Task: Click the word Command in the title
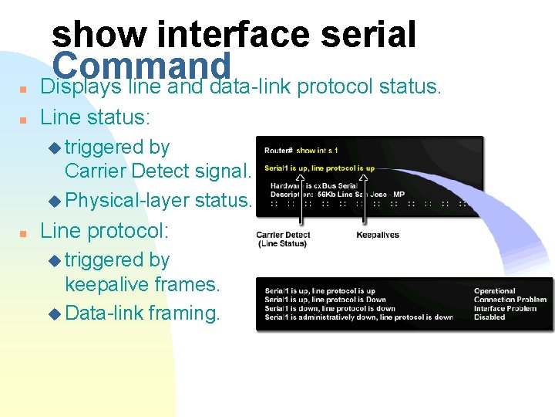click(143, 64)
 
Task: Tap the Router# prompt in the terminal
click(277, 150)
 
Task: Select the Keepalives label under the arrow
click(378, 235)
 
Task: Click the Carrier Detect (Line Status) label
click(282, 239)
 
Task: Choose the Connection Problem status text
click(510, 300)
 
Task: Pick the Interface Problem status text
click(505, 308)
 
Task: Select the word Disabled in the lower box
click(489, 317)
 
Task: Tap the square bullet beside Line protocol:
click(25, 232)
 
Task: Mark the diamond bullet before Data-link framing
click(53, 314)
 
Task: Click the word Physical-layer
click(127, 201)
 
